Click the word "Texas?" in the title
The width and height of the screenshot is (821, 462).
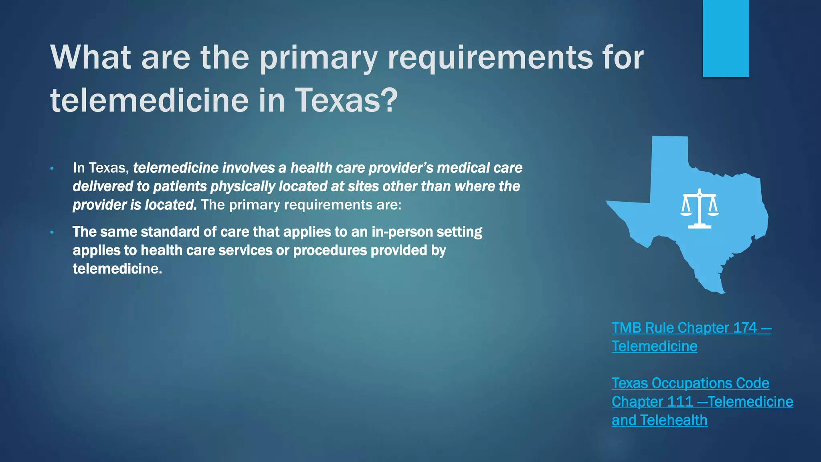346,100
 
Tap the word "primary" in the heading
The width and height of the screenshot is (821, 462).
319,58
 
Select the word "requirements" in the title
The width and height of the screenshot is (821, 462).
490,58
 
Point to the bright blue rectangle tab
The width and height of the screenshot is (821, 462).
726,38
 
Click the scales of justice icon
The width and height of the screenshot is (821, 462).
700,209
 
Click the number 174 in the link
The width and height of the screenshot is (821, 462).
744,328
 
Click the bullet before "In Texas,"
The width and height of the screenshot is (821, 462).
52,168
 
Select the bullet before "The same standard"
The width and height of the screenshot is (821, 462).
52,232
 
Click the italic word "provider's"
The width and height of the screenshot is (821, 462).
401,168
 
